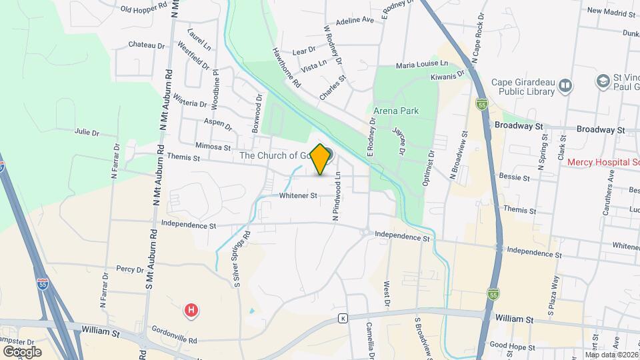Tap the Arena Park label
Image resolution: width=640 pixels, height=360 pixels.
point(396,111)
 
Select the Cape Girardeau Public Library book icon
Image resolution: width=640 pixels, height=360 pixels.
point(565,85)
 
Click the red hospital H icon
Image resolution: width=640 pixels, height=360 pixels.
point(191,310)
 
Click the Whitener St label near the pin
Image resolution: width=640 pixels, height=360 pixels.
point(297,195)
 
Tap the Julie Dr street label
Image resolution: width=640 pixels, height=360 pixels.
point(87,132)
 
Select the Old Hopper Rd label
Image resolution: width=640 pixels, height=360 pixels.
point(143,9)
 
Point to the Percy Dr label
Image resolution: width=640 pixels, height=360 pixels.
point(125,269)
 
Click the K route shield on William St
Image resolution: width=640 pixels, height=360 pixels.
point(343,318)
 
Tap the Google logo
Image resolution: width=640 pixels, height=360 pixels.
point(21,351)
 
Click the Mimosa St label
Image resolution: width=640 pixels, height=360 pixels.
point(213,147)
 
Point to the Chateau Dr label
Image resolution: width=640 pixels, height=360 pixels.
point(146,45)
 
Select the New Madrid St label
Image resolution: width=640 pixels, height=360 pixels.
point(612,11)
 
